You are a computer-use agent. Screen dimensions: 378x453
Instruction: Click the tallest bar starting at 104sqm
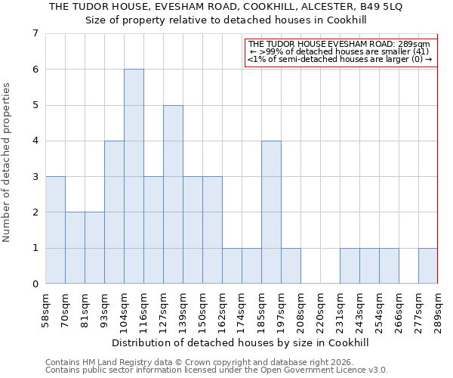click(134, 176)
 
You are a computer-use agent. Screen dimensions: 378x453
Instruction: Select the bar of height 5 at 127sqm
click(173, 194)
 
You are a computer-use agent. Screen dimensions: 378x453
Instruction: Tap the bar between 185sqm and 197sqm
click(271, 212)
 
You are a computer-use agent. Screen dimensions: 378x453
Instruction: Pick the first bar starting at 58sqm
click(55, 230)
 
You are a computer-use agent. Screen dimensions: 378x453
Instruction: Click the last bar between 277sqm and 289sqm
click(427, 265)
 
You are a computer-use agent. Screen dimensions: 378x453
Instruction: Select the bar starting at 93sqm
click(114, 212)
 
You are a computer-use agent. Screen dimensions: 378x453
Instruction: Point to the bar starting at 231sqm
click(350, 265)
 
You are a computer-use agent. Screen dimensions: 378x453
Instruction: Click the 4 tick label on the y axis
click(35, 141)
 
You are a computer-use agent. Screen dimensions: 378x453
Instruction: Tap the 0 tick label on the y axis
click(35, 284)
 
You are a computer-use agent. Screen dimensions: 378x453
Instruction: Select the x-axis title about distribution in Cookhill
click(242, 342)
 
